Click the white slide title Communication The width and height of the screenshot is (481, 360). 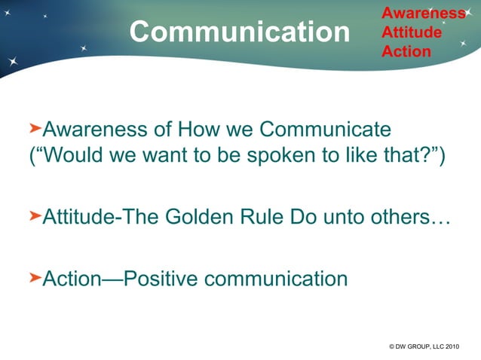[x=240, y=32]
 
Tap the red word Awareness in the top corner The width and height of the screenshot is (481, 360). [x=423, y=13]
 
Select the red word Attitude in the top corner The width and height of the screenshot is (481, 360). [x=412, y=32]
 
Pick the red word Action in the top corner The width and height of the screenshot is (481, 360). [x=406, y=51]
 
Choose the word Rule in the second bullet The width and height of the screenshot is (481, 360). [x=283, y=218]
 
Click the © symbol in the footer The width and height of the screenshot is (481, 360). [x=392, y=346]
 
